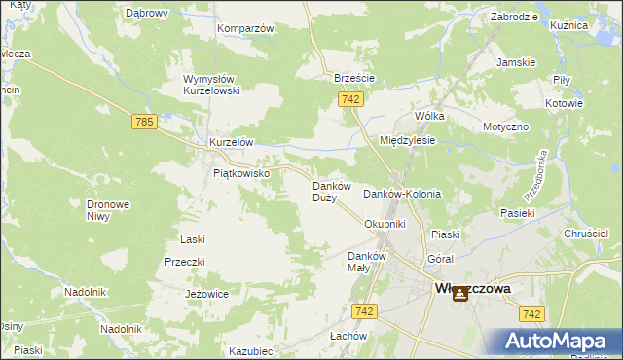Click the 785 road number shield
(145, 122)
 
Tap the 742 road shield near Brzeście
(352, 100)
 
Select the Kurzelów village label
(231, 142)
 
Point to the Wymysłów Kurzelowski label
(211, 85)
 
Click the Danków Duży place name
(324, 191)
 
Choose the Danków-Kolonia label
(402, 194)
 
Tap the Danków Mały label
(368, 262)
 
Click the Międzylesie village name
(407, 140)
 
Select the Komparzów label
(245, 28)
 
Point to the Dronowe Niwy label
(109, 211)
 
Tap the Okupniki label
(384, 224)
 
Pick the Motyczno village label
(505, 127)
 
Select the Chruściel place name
(586, 234)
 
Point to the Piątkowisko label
(248, 173)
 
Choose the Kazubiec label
(250, 350)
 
